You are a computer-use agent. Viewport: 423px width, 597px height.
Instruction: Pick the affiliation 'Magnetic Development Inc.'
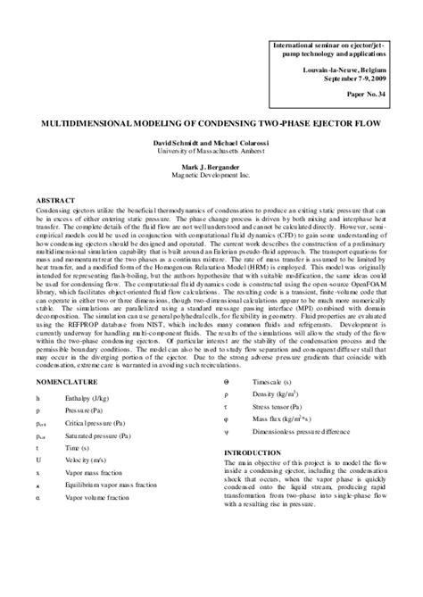(211, 176)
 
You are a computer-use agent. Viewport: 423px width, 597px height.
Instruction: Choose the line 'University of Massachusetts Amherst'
(211, 152)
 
